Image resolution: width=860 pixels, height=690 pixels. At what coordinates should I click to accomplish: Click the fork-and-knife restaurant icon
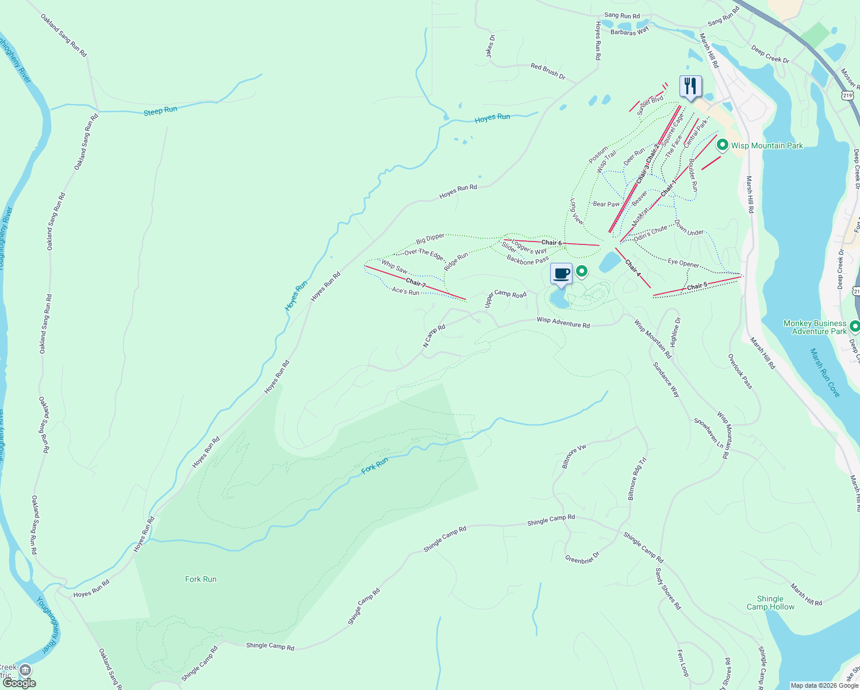[690, 87]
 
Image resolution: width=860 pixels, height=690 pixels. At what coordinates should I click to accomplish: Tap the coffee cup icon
[562, 274]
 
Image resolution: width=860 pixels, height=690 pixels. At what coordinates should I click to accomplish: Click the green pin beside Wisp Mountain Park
[723, 145]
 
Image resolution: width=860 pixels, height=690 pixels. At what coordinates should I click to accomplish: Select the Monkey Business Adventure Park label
[815, 327]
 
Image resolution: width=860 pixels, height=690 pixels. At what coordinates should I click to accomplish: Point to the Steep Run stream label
[160, 110]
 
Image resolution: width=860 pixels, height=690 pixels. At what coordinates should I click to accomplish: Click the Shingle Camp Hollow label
[770, 603]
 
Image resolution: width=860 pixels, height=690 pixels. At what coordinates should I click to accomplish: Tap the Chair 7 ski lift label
[416, 283]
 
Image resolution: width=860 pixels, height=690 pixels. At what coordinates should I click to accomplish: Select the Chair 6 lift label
[551, 243]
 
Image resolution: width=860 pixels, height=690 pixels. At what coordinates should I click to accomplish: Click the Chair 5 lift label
[697, 286]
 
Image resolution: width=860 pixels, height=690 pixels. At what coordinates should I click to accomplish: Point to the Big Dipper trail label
[431, 237]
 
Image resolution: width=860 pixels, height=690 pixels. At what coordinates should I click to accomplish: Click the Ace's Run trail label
[405, 292]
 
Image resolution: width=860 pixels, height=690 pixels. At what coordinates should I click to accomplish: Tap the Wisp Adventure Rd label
[563, 323]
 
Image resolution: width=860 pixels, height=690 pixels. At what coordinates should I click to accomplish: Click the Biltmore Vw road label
[574, 455]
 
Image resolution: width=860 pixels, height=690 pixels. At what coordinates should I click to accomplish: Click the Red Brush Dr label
[548, 71]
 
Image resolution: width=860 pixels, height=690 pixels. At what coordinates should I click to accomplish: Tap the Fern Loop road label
[682, 663]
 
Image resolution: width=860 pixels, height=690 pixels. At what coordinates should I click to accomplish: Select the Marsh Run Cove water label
[825, 372]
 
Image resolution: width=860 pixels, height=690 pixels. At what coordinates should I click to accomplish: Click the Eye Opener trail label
[684, 263]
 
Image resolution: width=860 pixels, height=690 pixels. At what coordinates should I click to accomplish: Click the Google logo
[20, 683]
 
